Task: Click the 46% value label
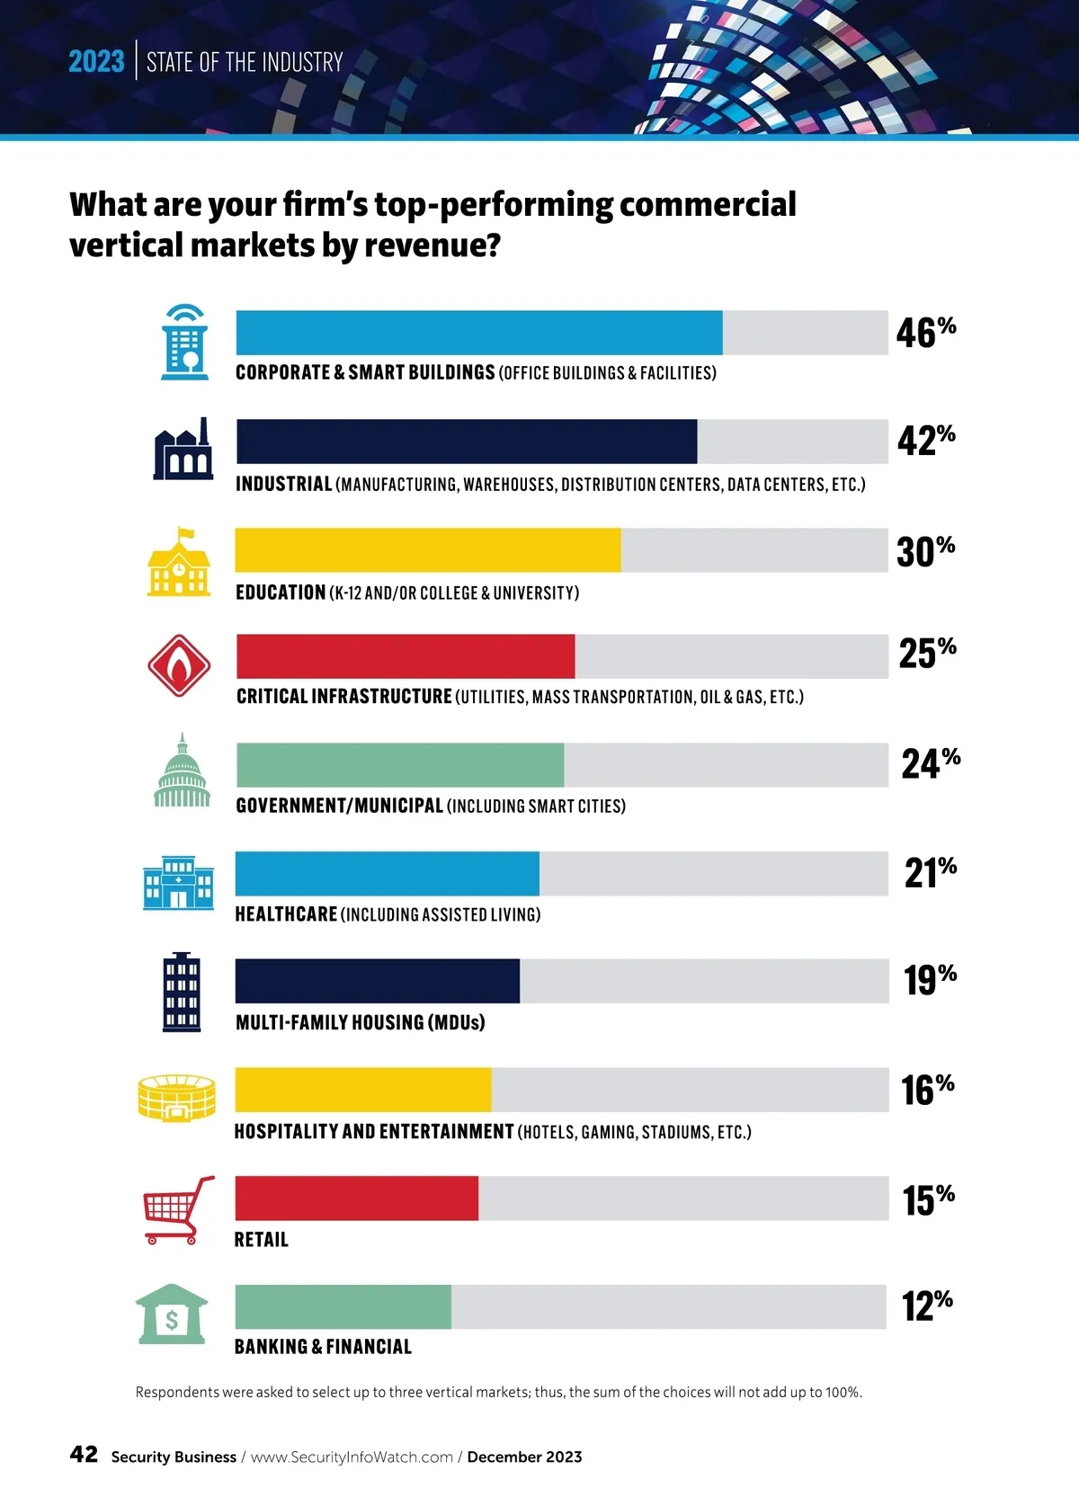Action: coord(925,332)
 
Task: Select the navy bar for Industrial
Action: coord(466,441)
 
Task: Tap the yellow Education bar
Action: coord(428,550)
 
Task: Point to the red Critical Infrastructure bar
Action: coord(406,656)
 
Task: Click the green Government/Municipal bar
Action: coord(400,765)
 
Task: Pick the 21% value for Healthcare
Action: coord(930,872)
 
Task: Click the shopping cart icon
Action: coord(178,1209)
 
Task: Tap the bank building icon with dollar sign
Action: coord(172,1314)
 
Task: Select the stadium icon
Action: coord(176,1097)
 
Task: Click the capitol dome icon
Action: coord(183,771)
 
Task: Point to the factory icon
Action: coord(183,449)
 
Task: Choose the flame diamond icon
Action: coord(179,666)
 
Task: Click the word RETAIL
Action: coord(261,1240)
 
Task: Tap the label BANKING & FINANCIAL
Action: coord(323,1347)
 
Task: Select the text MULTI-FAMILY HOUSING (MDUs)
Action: coord(360,1022)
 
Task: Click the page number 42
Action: coord(84,1454)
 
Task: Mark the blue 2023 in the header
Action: coord(96,61)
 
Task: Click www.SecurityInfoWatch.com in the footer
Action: coord(352,1457)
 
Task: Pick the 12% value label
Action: coord(926,1305)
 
